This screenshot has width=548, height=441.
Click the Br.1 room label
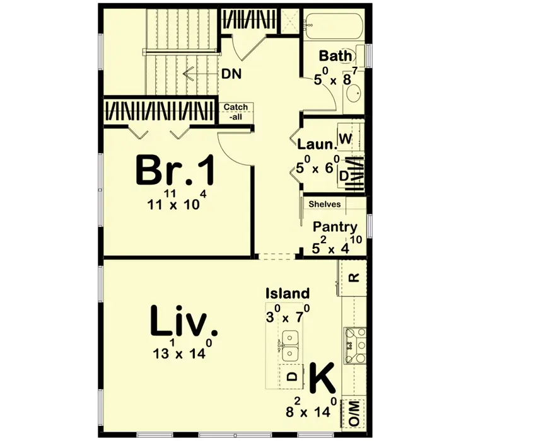(175, 171)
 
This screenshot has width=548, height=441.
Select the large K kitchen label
(322, 378)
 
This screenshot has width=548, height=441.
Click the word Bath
(335, 56)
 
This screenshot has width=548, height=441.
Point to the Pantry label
(335, 227)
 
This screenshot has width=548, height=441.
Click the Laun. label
(317, 144)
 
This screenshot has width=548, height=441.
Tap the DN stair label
(231, 74)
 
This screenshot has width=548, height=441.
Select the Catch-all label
(236, 112)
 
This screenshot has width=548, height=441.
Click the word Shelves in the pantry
(324, 204)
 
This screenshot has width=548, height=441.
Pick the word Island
(288, 294)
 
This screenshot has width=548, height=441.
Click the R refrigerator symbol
(354, 278)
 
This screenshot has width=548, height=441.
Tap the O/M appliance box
(353, 413)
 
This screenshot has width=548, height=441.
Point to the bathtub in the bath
(334, 27)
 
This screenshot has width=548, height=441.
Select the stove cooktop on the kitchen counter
(355, 346)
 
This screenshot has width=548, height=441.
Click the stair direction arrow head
(187, 74)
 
